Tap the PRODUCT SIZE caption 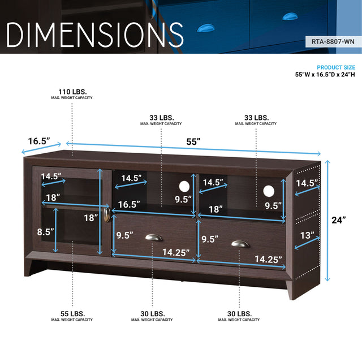(336, 67)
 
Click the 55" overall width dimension (194, 141)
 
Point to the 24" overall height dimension (339, 220)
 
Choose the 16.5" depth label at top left (38, 140)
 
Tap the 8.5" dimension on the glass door (45, 231)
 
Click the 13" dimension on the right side (307, 235)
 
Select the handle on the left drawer (153, 238)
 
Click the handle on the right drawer (240, 244)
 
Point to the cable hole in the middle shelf (184, 186)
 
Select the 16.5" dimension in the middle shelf (128, 204)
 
